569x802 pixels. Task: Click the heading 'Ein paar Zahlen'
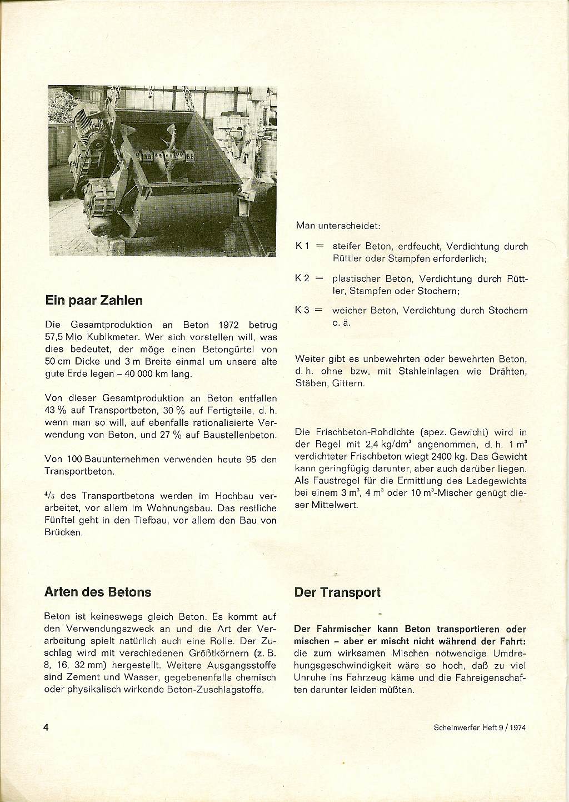93,301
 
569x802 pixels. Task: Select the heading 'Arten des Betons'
97,592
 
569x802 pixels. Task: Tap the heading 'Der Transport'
337,592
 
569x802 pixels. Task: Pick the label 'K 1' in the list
303,246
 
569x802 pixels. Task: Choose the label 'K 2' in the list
303,278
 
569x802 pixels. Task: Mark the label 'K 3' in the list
303,311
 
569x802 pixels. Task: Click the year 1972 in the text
229,325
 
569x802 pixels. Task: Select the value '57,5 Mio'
63,337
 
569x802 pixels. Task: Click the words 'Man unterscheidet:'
337,226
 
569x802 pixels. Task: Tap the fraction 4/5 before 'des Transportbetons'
49,496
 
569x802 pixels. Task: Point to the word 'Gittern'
348,383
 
